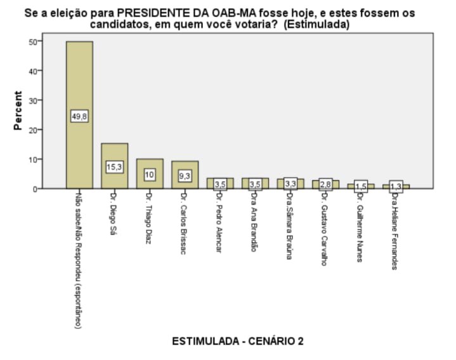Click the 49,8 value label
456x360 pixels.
(79, 116)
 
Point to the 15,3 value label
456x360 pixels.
(114, 167)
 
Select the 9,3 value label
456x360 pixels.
(185, 175)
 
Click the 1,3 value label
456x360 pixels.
(396, 186)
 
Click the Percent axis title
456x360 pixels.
(18, 111)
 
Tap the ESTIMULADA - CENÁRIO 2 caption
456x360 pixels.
(238, 341)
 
